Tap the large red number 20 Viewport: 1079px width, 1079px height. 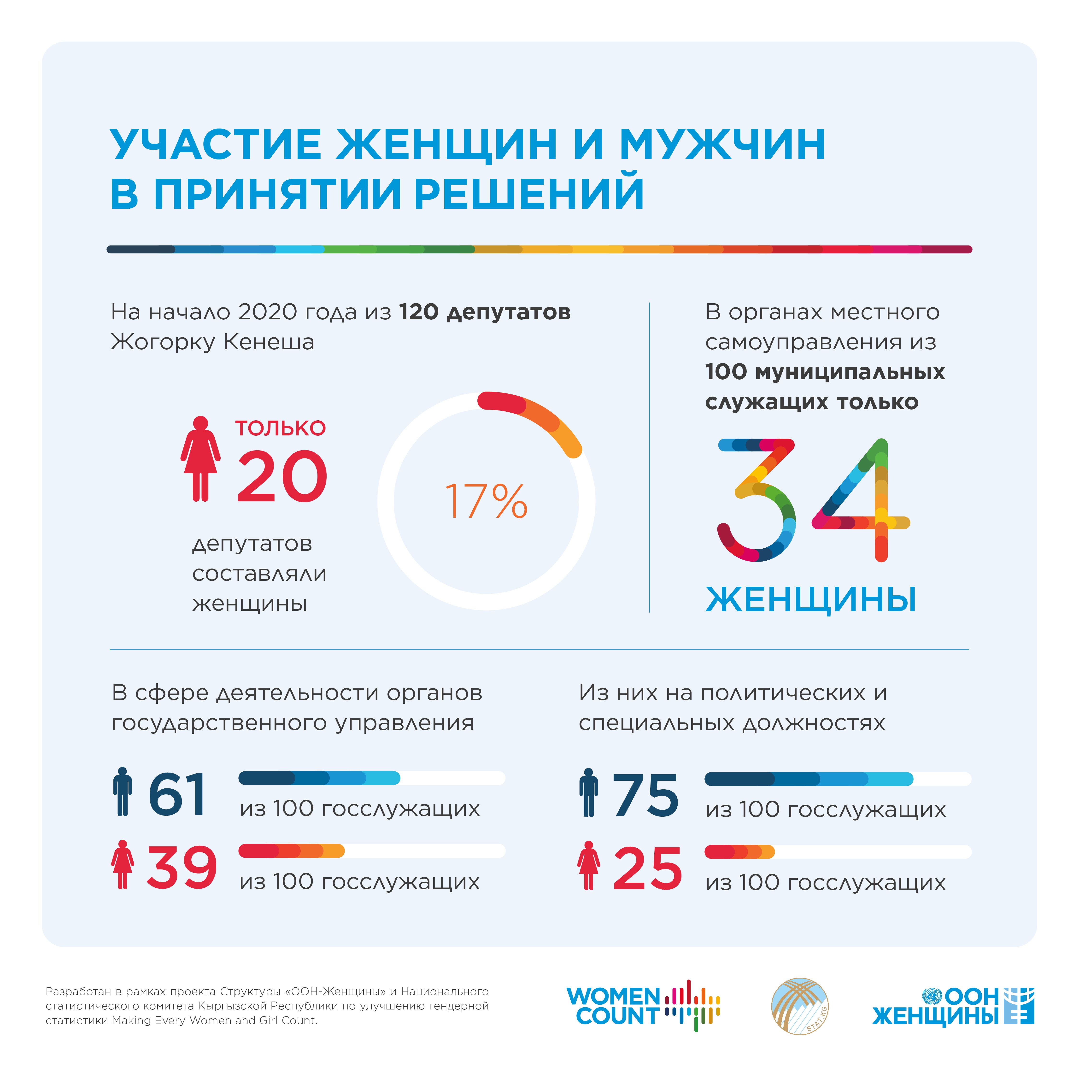tap(282, 476)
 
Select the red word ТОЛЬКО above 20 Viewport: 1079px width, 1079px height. tap(280, 428)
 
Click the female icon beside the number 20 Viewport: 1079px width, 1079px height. tap(200, 458)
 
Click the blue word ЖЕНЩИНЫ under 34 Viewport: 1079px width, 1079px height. tap(811, 600)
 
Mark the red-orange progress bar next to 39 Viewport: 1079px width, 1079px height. tap(292, 850)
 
